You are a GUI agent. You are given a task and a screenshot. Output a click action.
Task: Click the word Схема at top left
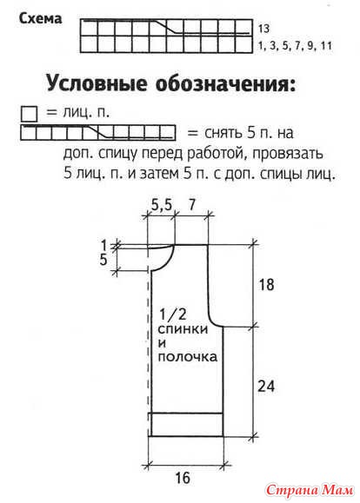(41, 18)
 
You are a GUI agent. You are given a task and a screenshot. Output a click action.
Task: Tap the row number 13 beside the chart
(263, 29)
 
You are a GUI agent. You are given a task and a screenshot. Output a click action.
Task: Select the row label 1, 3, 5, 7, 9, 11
(295, 46)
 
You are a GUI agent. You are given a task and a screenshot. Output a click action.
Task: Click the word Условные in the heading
(97, 84)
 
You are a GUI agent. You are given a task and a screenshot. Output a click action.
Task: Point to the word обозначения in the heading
(225, 84)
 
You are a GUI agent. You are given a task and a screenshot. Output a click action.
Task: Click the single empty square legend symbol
(29, 114)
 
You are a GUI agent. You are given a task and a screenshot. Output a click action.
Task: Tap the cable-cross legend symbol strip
(98, 133)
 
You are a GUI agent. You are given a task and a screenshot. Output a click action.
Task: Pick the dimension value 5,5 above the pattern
(161, 205)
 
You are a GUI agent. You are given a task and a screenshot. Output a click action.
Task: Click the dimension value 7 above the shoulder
(191, 205)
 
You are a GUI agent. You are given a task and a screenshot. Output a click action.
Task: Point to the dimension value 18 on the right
(266, 285)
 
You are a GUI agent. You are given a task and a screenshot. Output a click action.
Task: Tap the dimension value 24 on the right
(266, 386)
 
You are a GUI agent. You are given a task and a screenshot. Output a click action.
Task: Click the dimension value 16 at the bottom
(183, 479)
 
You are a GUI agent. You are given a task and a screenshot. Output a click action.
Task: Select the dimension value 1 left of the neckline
(103, 245)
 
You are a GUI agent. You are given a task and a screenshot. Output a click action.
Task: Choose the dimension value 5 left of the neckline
(103, 260)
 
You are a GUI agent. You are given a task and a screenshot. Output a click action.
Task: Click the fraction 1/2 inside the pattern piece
(172, 314)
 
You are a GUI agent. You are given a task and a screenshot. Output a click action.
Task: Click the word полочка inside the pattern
(188, 357)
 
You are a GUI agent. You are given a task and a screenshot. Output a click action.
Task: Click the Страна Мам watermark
(310, 490)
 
